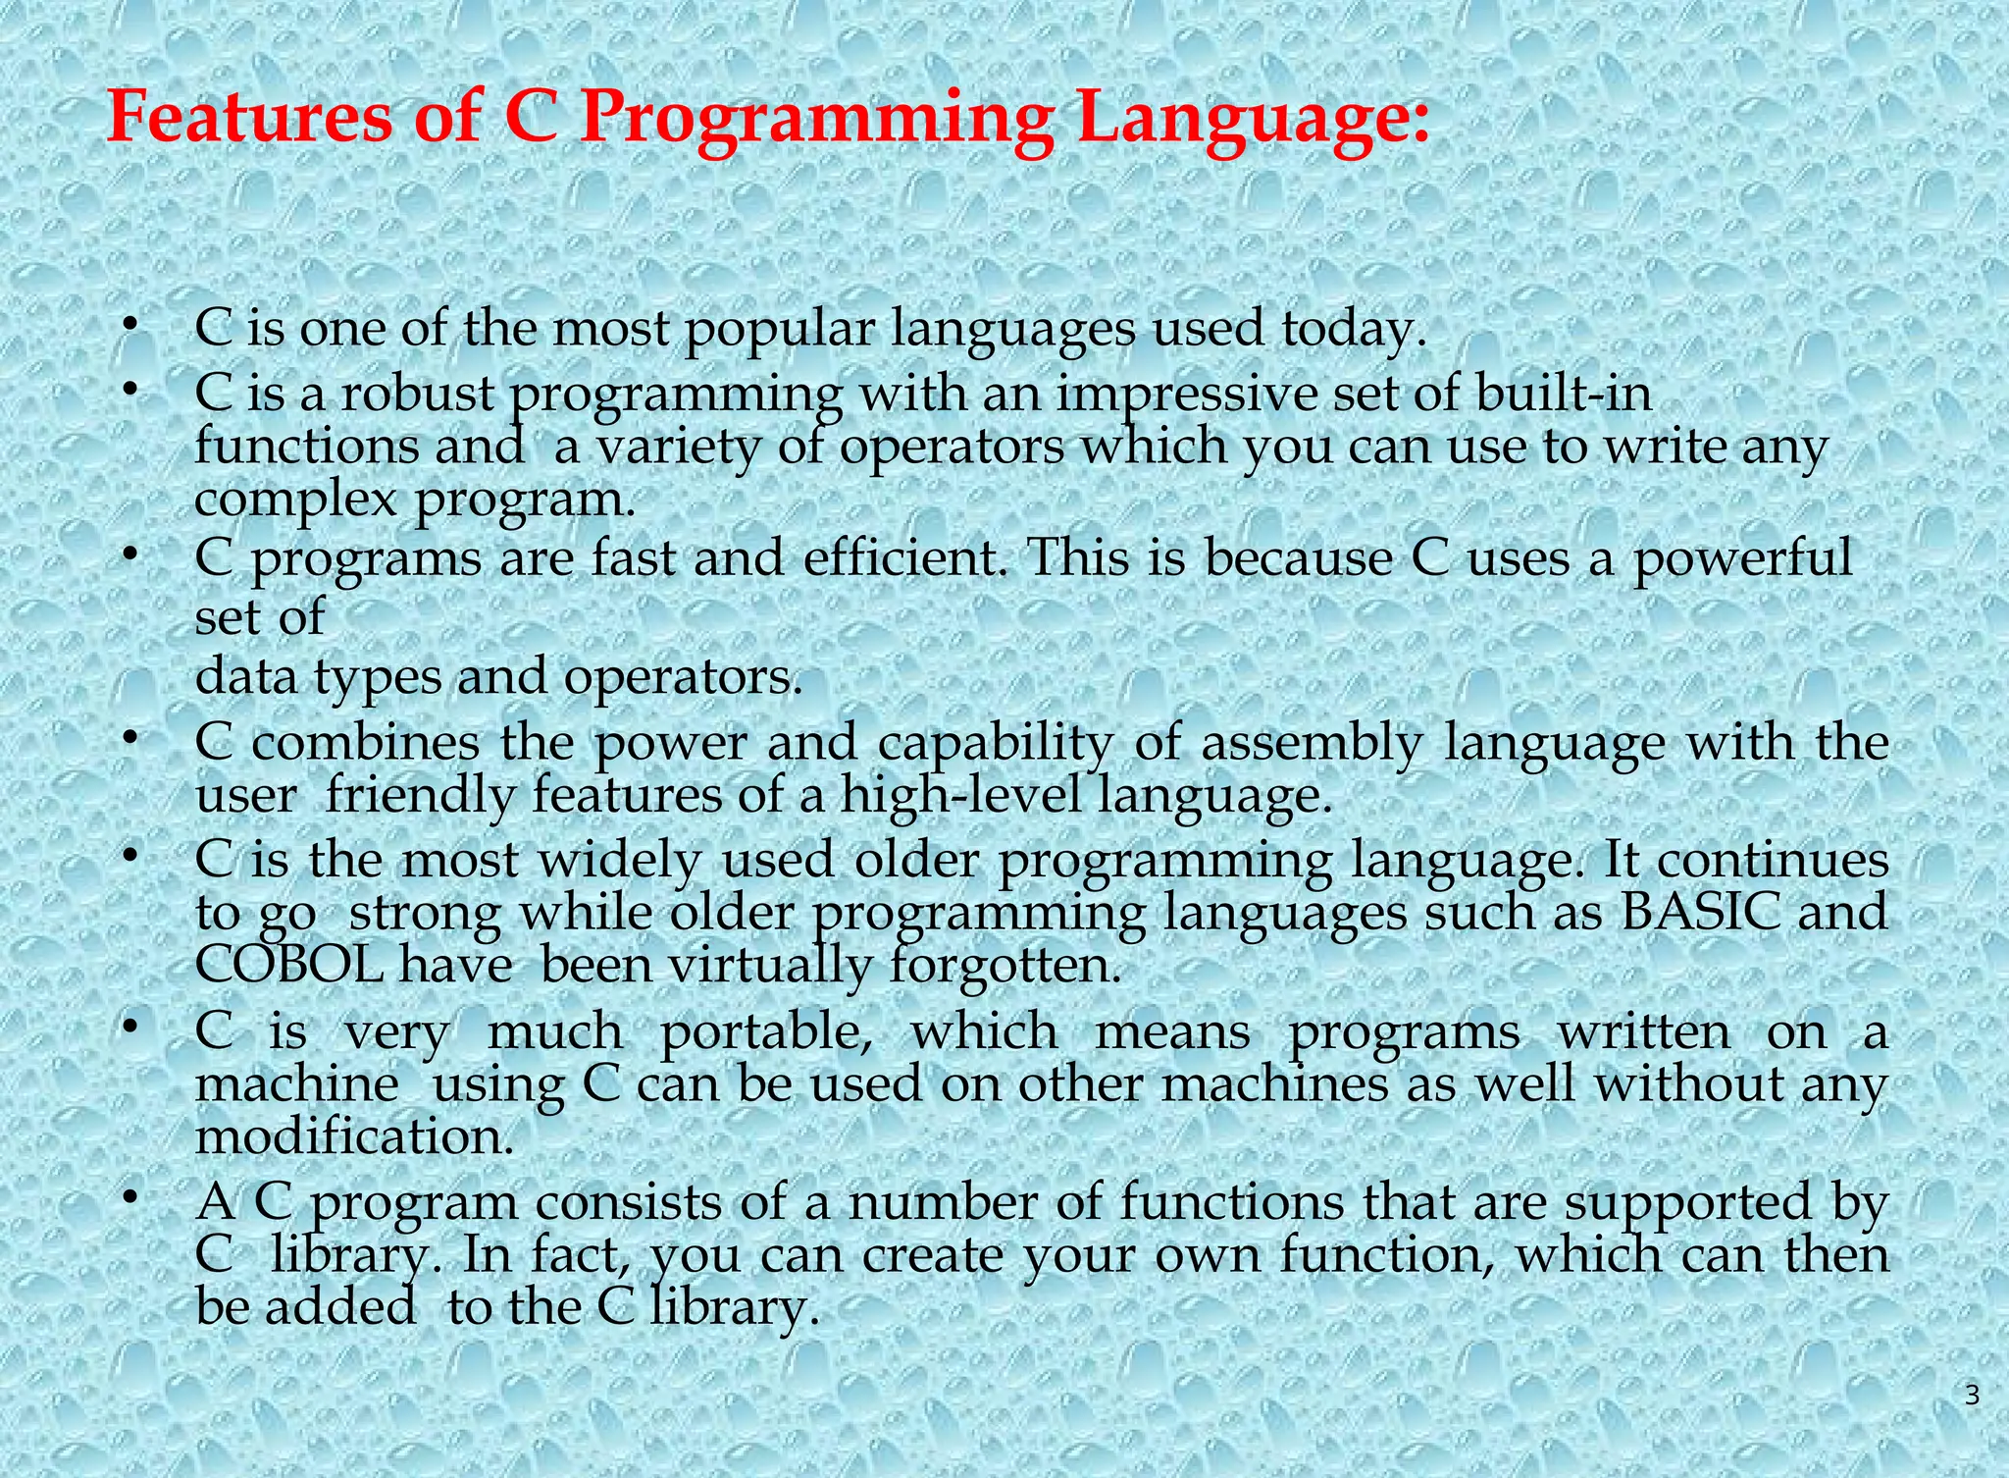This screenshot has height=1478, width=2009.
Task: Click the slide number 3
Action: click(x=1972, y=1395)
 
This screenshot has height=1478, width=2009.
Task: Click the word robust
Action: click(x=417, y=394)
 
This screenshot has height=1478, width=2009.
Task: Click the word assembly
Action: click(x=1312, y=742)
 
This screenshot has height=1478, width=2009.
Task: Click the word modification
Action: click(x=354, y=1137)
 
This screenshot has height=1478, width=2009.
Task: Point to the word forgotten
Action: click(x=1004, y=965)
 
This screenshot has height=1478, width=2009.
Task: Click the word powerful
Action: click(x=1741, y=558)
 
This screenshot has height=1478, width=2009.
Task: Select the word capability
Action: click(x=996, y=742)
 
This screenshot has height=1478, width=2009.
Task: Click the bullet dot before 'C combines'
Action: click(x=128, y=740)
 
